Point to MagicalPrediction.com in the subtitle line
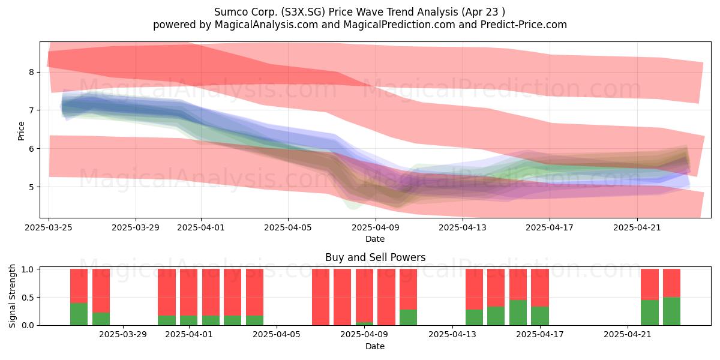tap(399, 25)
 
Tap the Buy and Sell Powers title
tap(375, 257)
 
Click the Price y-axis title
tap(21, 131)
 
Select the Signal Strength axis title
tap(12, 296)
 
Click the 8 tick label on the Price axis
tap(31, 72)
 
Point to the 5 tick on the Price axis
tap(31, 187)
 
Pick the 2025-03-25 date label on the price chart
tap(49, 227)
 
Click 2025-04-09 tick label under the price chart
tap(376, 227)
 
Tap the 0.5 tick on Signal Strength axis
tap(28, 298)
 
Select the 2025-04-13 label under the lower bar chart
tap(452, 335)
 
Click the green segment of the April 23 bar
tap(671, 311)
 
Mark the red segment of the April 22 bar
tap(650, 284)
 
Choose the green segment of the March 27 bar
tap(79, 314)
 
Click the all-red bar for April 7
tap(321, 297)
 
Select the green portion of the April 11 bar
tap(408, 317)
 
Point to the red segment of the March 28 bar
tap(101, 291)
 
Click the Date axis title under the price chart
tap(375, 239)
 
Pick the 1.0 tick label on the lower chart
tap(28, 269)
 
